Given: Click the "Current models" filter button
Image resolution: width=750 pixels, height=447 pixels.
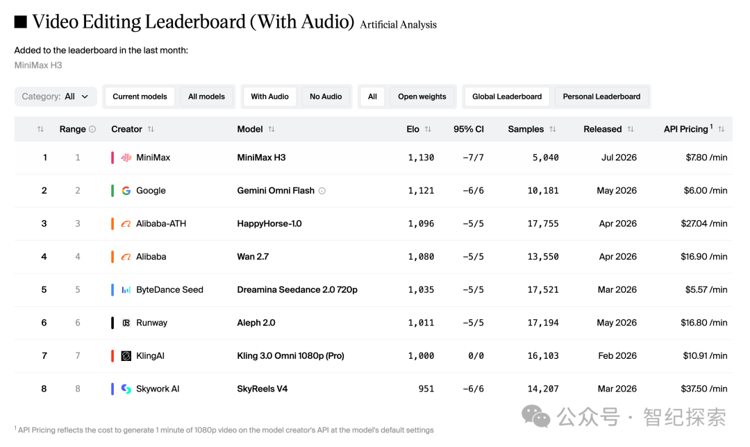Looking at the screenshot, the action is click(140, 96).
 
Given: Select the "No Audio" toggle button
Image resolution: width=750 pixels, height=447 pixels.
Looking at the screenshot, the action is click(326, 96).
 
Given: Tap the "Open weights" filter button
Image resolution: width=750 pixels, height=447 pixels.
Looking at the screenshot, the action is click(422, 96).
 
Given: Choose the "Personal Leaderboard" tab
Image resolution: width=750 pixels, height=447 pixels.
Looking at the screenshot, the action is click(601, 96).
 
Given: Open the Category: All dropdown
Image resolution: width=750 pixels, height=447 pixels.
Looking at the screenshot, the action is click(56, 96).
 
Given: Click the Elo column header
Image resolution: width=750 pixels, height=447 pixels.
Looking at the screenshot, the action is click(412, 129).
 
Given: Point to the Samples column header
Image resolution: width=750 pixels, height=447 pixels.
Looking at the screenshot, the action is click(526, 129).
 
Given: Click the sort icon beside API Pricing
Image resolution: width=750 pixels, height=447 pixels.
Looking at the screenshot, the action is click(722, 129).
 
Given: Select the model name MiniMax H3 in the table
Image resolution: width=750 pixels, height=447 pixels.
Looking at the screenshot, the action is click(261, 158).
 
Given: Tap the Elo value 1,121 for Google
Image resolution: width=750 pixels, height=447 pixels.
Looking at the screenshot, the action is click(421, 190).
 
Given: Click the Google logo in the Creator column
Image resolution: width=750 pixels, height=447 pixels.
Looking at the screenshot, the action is click(126, 190).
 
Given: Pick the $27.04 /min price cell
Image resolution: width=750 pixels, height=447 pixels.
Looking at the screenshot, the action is click(704, 223).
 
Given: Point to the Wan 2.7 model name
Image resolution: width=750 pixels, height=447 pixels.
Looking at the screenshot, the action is click(253, 256).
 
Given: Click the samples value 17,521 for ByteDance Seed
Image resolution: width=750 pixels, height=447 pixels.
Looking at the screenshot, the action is click(543, 289).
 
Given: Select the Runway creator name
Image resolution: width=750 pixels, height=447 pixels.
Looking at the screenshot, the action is click(151, 323).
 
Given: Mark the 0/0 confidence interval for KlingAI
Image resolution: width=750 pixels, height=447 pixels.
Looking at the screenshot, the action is click(476, 355).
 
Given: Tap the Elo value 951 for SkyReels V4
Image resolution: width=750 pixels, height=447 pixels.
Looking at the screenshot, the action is click(426, 389).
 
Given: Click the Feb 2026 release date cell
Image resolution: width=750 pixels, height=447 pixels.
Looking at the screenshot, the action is click(617, 355).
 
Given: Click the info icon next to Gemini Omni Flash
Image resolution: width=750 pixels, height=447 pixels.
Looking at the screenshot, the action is click(322, 191).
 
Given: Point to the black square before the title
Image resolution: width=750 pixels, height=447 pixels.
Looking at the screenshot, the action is click(21, 22).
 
